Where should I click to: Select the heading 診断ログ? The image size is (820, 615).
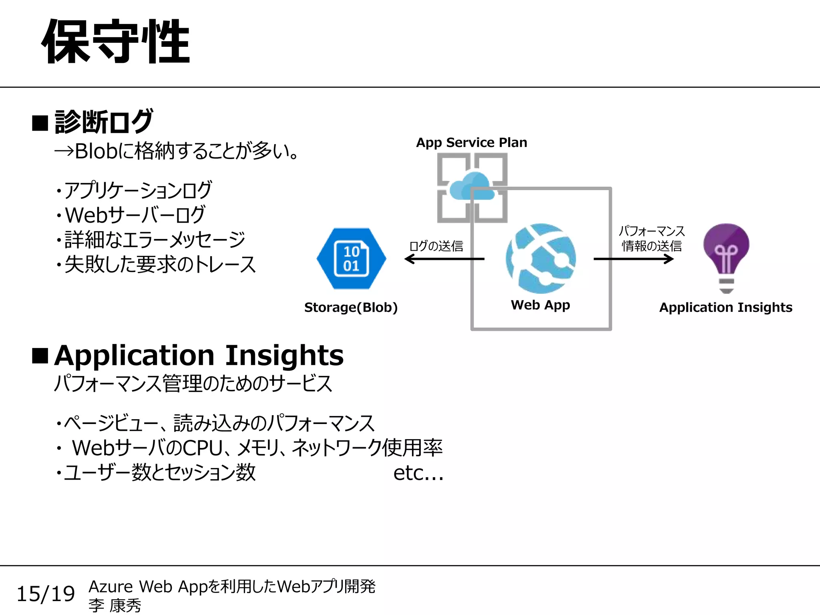[x=103, y=122]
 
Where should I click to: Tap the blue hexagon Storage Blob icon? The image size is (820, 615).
[x=351, y=259]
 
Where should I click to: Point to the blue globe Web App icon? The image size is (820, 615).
[x=541, y=258]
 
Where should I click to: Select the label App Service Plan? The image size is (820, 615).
[x=471, y=143]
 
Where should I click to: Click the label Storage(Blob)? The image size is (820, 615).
[x=351, y=307]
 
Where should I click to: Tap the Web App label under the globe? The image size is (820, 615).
[x=540, y=305]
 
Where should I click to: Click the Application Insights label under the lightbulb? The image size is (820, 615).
[x=726, y=307]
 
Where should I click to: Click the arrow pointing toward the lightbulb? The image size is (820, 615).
[x=633, y=259]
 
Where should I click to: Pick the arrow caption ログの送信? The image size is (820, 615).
[x=436, y=246]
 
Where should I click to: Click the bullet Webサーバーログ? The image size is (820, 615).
[x=135, y=215]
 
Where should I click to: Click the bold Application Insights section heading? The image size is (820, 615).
[x=199, y=356]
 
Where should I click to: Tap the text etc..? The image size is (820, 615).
[x=418, y=473]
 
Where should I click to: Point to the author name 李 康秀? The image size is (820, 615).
[x=115, y=605]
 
